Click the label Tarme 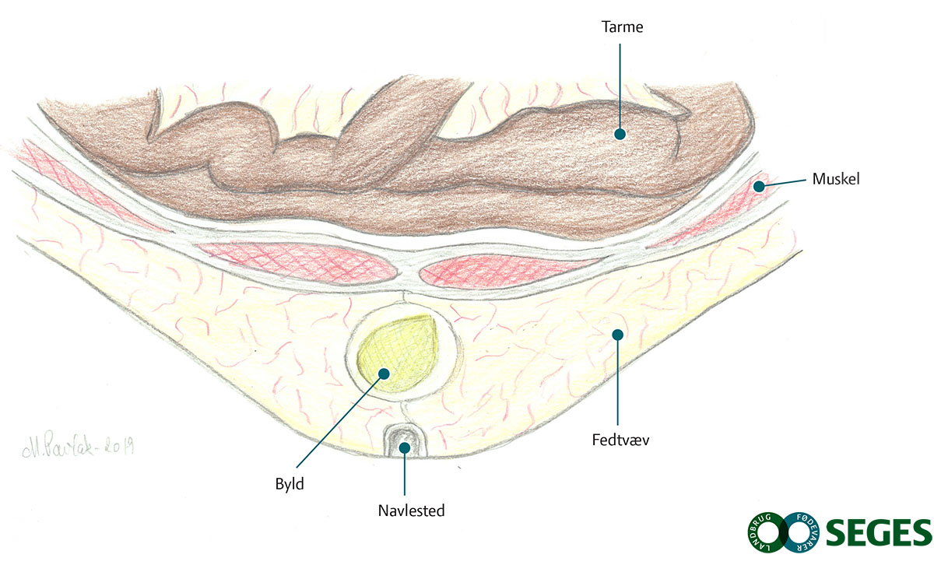tap(622, 27)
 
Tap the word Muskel tap(835, 179)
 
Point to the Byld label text tap(289, 483)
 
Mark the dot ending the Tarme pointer tap(620, 134)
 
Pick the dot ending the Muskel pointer tap(758, 187)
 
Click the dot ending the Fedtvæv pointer tap(618, 335)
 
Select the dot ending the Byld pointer tap(384, 373)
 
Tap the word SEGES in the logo tap(877, 533)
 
